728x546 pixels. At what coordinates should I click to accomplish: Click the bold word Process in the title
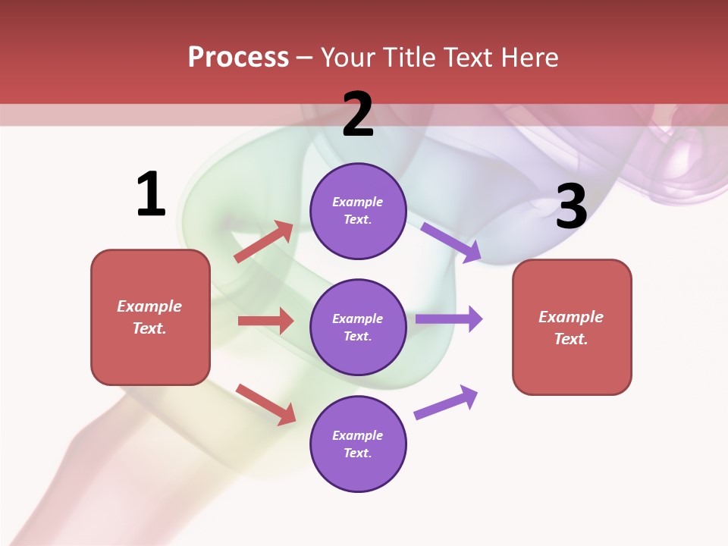[238, 58]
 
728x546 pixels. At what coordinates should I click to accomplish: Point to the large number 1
[151, 195]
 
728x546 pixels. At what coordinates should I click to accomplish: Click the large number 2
[358, 115]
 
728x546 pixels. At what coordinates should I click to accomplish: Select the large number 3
[571, 206]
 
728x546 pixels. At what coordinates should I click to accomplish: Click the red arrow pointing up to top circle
[264, 242]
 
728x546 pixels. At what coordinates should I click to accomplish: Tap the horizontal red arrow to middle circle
[265, 321]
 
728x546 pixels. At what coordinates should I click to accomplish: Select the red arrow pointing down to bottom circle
[265, 404]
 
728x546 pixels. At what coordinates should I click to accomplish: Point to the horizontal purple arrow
[449, 318]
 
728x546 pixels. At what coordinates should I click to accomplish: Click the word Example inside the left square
[149, 306]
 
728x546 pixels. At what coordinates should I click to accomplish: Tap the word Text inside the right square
[570, 339]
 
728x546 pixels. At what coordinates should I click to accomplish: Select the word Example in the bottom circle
[358, 435]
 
